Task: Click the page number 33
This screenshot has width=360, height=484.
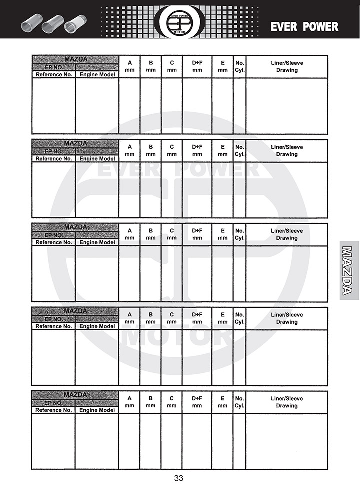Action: [x=179, y=478]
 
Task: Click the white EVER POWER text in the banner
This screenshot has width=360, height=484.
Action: [x=304, y=27]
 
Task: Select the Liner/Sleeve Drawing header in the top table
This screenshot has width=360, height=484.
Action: [x=287, y=66]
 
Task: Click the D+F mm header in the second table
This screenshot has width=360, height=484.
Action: [x=197, y=150]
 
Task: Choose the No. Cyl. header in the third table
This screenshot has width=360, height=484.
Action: [x=239, y=234]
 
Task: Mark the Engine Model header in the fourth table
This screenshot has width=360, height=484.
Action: [x=97, y=326]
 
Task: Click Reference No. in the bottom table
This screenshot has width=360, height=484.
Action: [x=54, y=410]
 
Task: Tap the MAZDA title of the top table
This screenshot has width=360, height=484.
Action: [x=75, y=59]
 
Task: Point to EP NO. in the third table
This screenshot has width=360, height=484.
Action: [x=54, y=235]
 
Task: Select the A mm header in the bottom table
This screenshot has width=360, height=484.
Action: [x=129, y=402]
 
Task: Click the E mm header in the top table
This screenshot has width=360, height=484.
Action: [x=222, y=66]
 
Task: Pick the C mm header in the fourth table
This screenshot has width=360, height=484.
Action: [x=172, y=318]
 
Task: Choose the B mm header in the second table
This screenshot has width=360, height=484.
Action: [x=150, y=150]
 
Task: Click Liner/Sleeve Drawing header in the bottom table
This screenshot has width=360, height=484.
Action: [x=287, y=402]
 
